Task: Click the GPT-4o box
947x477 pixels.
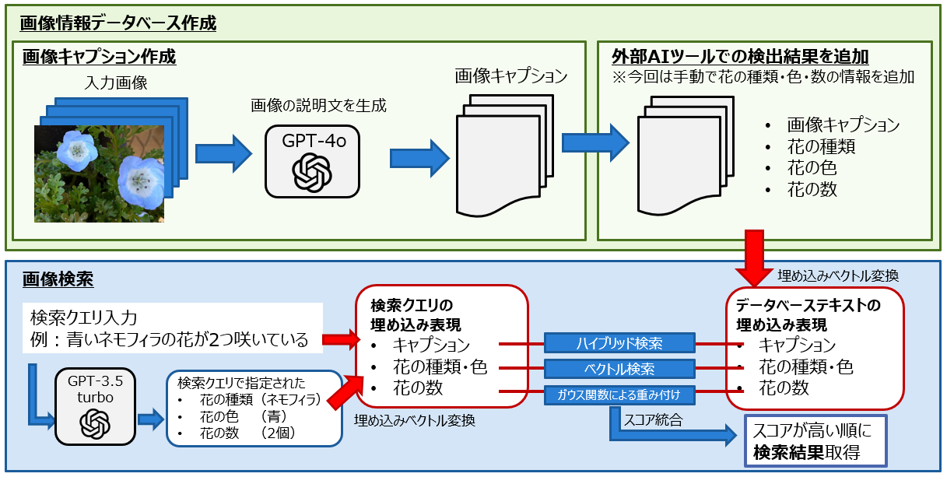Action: pyautogui.click(x=312, y=161)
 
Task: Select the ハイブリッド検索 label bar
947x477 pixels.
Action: pyautogui.click(x=620, y=342)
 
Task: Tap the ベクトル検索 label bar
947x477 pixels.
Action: pyautogui.click(x=620, y=367)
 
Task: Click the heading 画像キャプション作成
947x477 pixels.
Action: pyautogui.click(x=99, y=57)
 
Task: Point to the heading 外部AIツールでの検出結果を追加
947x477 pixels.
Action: pyautogui.click(x=740, y=57)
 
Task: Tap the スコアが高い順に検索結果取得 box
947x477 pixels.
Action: pyautogui.click(x=808, y=441)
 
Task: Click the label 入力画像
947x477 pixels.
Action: pyautogui.click(x=115, y=82)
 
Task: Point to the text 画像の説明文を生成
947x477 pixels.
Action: pyautogui.click(x=318, y=105)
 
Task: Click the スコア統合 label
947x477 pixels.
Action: pyautogui.click(x=652, y=420)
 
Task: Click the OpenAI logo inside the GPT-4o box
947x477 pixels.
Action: pyautogui.click(x=312, y=171)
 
